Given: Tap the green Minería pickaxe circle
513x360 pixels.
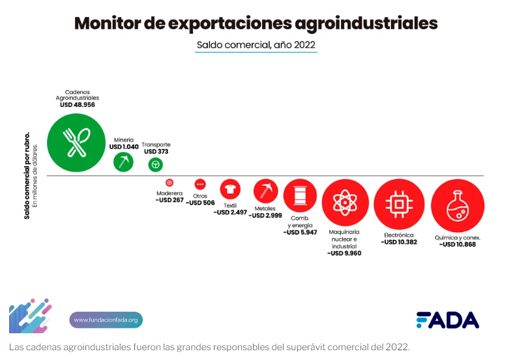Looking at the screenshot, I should click(x=124, y=161).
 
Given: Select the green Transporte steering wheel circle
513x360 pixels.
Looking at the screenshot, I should click(x=155, y=164).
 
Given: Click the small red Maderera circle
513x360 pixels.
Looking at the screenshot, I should click(x=169, y=183).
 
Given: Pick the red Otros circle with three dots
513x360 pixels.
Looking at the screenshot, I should click(x=200, y=185).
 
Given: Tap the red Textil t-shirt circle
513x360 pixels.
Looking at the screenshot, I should click(x=229, y=189).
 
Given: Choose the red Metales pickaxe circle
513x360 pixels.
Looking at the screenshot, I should click(x=265, y=191).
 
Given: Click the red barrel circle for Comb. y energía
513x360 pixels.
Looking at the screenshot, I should click(x=300, y=195).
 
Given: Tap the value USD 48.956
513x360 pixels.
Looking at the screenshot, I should click(x=77, y=104).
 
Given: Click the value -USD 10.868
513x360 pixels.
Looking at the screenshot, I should click(x=458, y=245).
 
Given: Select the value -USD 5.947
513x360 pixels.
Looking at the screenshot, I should click(x=300, y=232).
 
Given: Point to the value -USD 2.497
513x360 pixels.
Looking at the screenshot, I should click(x=230, y=212).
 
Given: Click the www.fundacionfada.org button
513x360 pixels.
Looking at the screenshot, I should click(x=106, y=320).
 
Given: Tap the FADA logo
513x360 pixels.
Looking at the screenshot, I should click(x=447, y=320).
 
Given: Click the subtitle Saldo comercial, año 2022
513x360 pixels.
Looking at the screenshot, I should click(x=256, y=45).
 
